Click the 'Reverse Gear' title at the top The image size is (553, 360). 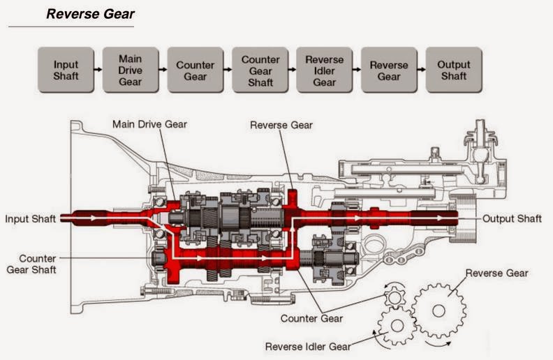point(90,14)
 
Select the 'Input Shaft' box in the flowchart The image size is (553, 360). point(66,70)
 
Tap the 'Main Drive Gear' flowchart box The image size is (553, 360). point(130,70)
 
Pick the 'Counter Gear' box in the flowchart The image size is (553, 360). point(195,70)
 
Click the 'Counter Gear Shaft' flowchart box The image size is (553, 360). point(260,70)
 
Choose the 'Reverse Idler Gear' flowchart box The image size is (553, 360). point(324,70)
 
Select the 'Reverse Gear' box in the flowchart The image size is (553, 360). point(389,70)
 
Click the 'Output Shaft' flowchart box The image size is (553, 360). point(454,70)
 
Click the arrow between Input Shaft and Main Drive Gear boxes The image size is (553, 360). point(98,70)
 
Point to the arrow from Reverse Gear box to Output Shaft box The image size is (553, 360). point(421,70)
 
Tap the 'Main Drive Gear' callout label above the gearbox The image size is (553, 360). point(150,125)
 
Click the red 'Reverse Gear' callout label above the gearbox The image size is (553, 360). point(281,125)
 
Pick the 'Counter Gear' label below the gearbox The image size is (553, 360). point(311,319)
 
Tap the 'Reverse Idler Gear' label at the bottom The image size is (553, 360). point(308,346)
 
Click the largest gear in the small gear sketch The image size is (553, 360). point(438,309)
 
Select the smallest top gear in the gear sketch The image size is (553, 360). point(395,298)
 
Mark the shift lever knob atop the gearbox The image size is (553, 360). point(480,129)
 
